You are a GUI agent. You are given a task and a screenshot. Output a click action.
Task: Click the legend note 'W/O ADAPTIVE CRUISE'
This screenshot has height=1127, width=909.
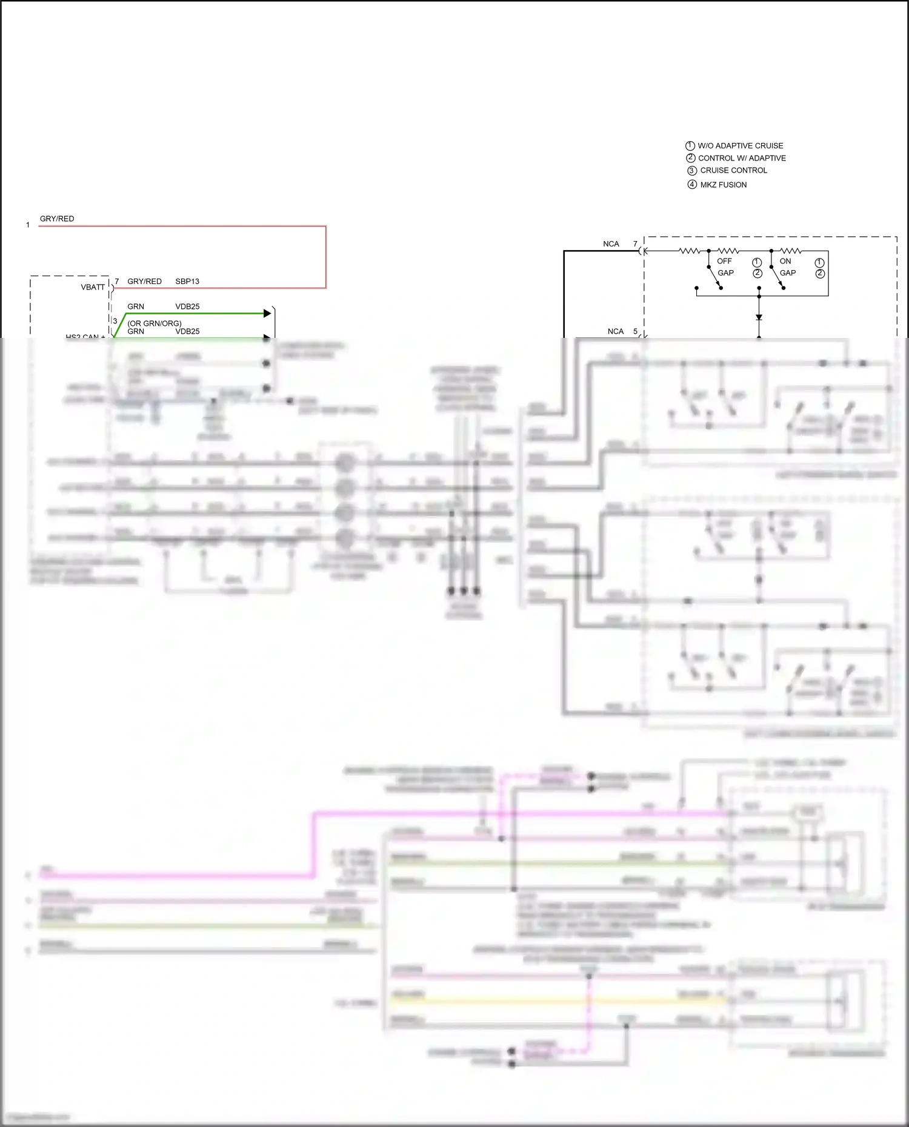click(740, 146)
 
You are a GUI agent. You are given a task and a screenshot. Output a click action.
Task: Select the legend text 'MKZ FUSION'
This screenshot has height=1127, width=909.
click(723, 185)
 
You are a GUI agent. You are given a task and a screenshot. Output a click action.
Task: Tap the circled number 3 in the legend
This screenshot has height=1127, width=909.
click(692, 171)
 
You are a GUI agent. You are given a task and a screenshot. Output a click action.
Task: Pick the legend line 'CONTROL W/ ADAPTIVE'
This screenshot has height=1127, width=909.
click(742, 158)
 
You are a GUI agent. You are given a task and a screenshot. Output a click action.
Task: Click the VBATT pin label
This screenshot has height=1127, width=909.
click(93, 287)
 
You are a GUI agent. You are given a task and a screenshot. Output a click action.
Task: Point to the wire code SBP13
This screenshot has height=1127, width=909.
click(187, 282)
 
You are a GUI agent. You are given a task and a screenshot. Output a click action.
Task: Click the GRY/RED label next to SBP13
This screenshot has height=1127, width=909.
click(144, 282)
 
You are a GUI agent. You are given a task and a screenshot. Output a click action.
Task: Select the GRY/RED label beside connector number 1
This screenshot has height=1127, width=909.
click(57, 219)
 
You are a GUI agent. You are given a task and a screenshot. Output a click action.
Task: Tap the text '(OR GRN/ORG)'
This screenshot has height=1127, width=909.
click(155, 323)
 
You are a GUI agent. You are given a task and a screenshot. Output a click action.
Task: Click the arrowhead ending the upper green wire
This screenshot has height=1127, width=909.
click(267, 313)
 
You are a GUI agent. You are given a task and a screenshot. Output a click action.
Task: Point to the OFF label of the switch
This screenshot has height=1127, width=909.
click(724, 261)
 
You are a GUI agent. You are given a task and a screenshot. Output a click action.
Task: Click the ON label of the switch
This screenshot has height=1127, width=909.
click(785, 261)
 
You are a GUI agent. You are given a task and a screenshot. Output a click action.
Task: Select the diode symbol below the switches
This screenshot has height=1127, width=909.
click(759, 317)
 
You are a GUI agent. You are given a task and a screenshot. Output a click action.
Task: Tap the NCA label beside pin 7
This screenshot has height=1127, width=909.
click(611, 244)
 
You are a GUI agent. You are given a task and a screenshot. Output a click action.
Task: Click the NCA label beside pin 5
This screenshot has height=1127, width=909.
click(616, 331)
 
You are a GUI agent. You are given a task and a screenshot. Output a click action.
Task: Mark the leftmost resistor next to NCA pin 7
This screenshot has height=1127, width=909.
click(690, 250)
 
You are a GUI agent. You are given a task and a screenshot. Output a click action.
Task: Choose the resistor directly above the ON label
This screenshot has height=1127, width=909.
click(790, 250)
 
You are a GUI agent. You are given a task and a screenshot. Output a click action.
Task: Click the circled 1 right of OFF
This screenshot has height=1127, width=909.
click(757, 262)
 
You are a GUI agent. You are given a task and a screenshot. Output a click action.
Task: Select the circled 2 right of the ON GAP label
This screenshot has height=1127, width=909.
click(820, 274)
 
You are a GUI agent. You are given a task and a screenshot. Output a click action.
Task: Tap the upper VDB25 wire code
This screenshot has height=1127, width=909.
click(187, 306)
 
